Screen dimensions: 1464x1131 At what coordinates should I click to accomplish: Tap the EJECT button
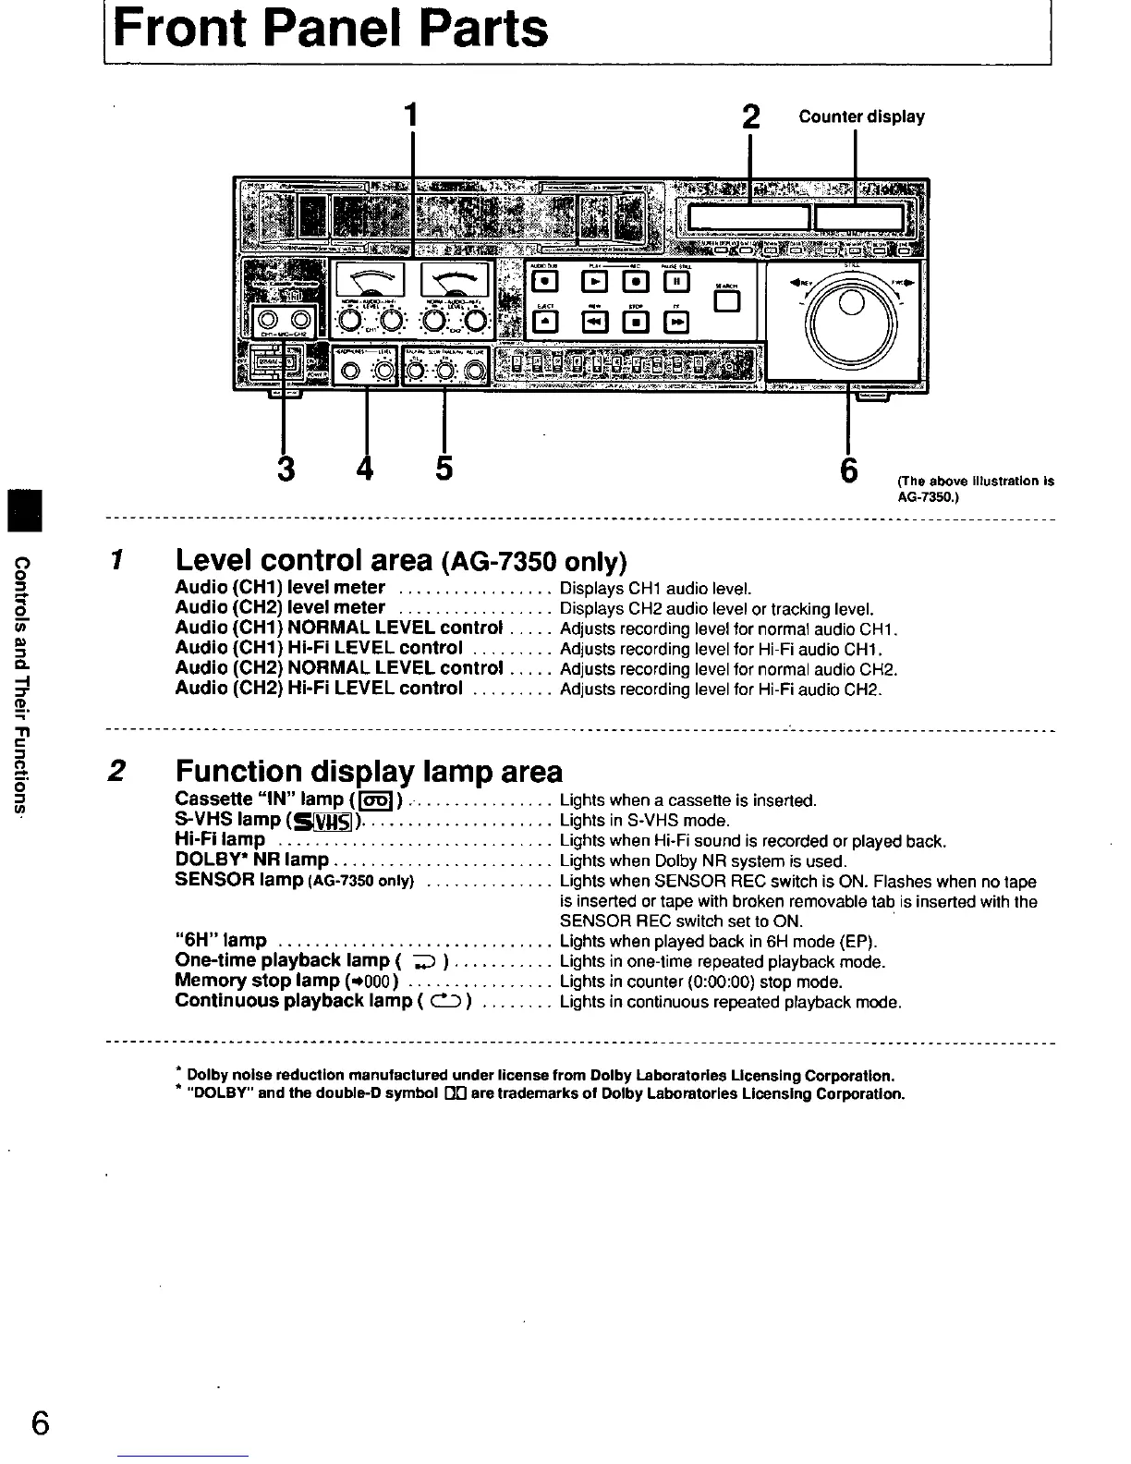pyautogui.click(x=547, y=321)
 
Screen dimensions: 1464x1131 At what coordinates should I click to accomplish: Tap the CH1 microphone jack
pyautogui.click(x=268, y=322)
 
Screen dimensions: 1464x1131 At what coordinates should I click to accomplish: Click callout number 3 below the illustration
pyautogui.click(x=286, y=469)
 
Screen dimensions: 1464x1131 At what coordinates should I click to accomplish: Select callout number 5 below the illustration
pyautogui.click(x=444, y=469)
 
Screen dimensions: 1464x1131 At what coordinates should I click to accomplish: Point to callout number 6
pyautogui.click(x=848, y=469)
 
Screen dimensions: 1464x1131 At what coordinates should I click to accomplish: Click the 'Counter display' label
pyautogui.click(x=861, y=116)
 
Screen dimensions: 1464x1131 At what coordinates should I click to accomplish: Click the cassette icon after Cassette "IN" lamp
pyautogui.click(x=376, y=800)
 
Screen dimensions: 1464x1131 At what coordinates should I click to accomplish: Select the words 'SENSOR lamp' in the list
pyautogui.click(x=238, y=880)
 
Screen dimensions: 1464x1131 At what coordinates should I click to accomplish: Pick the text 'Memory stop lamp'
pyautogui.click(x=257, y=981)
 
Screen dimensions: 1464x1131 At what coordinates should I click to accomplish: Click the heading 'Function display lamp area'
pyautogui.click(x=368, y=771)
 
